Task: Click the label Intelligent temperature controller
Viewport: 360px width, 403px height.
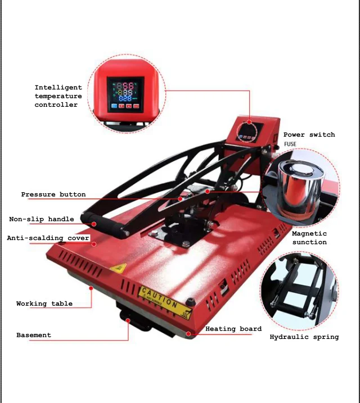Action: point(58,96)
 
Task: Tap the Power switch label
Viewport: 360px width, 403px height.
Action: point(309,135)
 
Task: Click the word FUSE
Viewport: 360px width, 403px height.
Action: point(290,144)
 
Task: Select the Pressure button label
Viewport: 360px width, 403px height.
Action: point(53,194)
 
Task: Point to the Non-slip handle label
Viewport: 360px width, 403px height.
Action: point(41,219)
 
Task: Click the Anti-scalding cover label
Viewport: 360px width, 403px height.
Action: point(48,238)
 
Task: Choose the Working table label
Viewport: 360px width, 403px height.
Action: point(44,304)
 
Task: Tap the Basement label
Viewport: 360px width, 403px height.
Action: point(34,335)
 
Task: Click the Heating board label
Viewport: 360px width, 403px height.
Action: point(233,329)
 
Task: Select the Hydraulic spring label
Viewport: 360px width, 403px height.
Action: point(304,337)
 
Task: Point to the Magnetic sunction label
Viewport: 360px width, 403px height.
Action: point(309,238)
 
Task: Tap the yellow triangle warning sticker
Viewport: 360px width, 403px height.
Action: point(118,268)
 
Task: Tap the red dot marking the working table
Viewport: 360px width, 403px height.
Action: point(90,287)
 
